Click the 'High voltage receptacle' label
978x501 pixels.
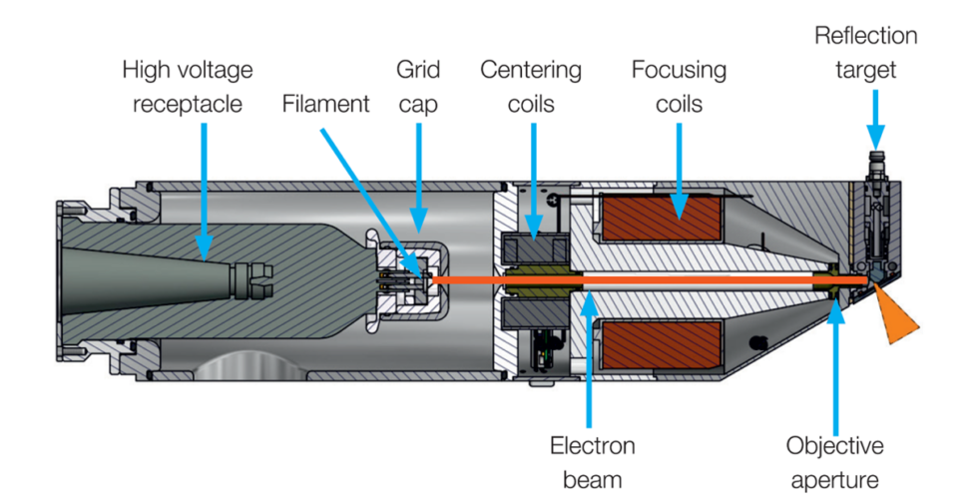(188, 86)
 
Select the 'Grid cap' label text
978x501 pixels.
(417, 86)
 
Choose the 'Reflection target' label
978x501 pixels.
(865, 52)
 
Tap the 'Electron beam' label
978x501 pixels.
(592, 461)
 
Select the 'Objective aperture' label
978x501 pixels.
(834, 461)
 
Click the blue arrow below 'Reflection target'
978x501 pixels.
(875, 120)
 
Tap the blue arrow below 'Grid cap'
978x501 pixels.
(419, 170)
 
